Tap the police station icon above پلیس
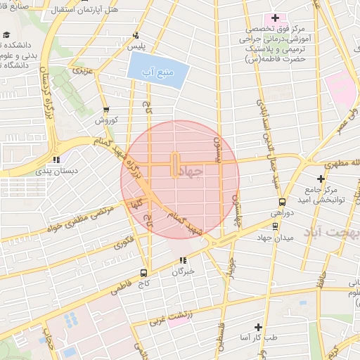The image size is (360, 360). (x=135, y=35)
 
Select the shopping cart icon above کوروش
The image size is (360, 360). (x=106, y=109)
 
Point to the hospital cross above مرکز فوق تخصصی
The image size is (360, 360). (x=275, y=18)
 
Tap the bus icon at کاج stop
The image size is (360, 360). (x=144, y=273)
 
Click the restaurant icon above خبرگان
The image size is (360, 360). (x=184, y=260)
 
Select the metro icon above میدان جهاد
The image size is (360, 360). (x=275, y=226)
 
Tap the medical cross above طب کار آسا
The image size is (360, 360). (x=258, y=327)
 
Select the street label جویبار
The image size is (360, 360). (x=230, y=267)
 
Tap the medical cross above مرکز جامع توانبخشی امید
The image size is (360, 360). (x=321, y=179)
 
